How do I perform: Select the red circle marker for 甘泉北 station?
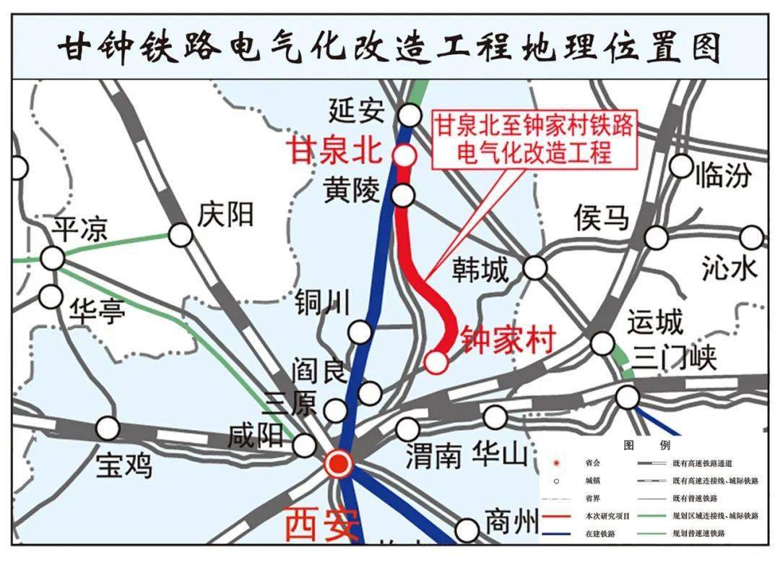(404, 155)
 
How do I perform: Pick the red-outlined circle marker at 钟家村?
(435, 361)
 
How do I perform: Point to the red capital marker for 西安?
(338, 464)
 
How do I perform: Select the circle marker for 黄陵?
(404, 195)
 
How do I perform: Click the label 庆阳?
(225, 215)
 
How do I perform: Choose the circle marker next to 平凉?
(52, 257)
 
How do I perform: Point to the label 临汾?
(722, 175)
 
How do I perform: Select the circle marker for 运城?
(602, 343)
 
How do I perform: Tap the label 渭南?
(433, 455)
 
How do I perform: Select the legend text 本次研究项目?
(607, 516)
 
